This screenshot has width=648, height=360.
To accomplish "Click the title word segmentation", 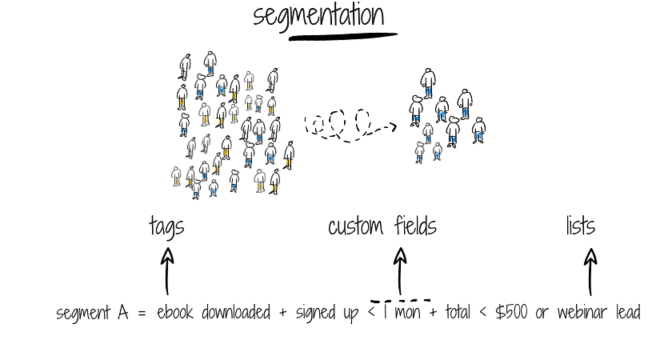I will tap(318, 16).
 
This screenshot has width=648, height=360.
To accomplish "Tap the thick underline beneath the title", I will tap(343, 37).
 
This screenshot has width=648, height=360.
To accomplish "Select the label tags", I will tap(166, 227).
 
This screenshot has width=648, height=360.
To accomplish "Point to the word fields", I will tap(415, 226).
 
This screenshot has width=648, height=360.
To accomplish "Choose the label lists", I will tap(580, 226).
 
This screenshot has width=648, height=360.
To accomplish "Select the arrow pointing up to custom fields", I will tap(399, 270).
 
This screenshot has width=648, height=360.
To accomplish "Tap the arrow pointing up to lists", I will tap(590, 270).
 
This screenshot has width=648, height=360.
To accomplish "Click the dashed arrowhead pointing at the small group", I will tap(390, 126).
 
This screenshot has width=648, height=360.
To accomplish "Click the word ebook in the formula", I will tap(174, 313).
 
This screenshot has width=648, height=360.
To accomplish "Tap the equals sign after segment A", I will tap(142, 314).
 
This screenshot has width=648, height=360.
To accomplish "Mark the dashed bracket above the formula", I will tap(400, 301).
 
